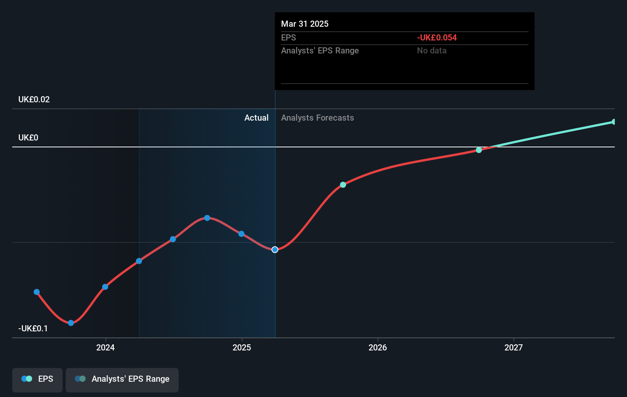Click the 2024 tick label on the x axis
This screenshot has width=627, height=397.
click(x=105, y=347)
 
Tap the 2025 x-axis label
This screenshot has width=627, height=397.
click(x=242, y=347)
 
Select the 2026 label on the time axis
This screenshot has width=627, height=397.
click(x=378, y=347)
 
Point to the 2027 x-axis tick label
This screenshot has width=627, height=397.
click(x=514, y=347)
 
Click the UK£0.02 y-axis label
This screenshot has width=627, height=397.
click(x=34, y=100)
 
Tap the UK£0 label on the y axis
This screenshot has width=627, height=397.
click(x=28, y=138)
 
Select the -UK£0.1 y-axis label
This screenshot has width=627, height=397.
click(x=33, y=329)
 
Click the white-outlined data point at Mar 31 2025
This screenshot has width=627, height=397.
click(x=275, y=250)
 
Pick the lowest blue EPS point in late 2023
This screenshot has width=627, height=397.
click(x=71, y=323)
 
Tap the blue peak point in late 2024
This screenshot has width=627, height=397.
click(x=207, y=218)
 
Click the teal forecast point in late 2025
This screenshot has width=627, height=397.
click(x=343, y=185)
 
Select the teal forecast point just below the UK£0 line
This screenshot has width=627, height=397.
click(x=479, y=150)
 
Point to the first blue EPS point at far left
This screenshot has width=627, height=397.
click(x=37, y=292)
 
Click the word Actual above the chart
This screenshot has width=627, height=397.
click(x=256, y=118)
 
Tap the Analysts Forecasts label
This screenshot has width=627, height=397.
click(x=317, y=118)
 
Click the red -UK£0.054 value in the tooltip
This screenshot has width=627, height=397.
click(x=437, y=38)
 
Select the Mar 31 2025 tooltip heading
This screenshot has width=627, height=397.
click(x=305, y=24)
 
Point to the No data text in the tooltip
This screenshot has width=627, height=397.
click(x=431, y=51)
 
